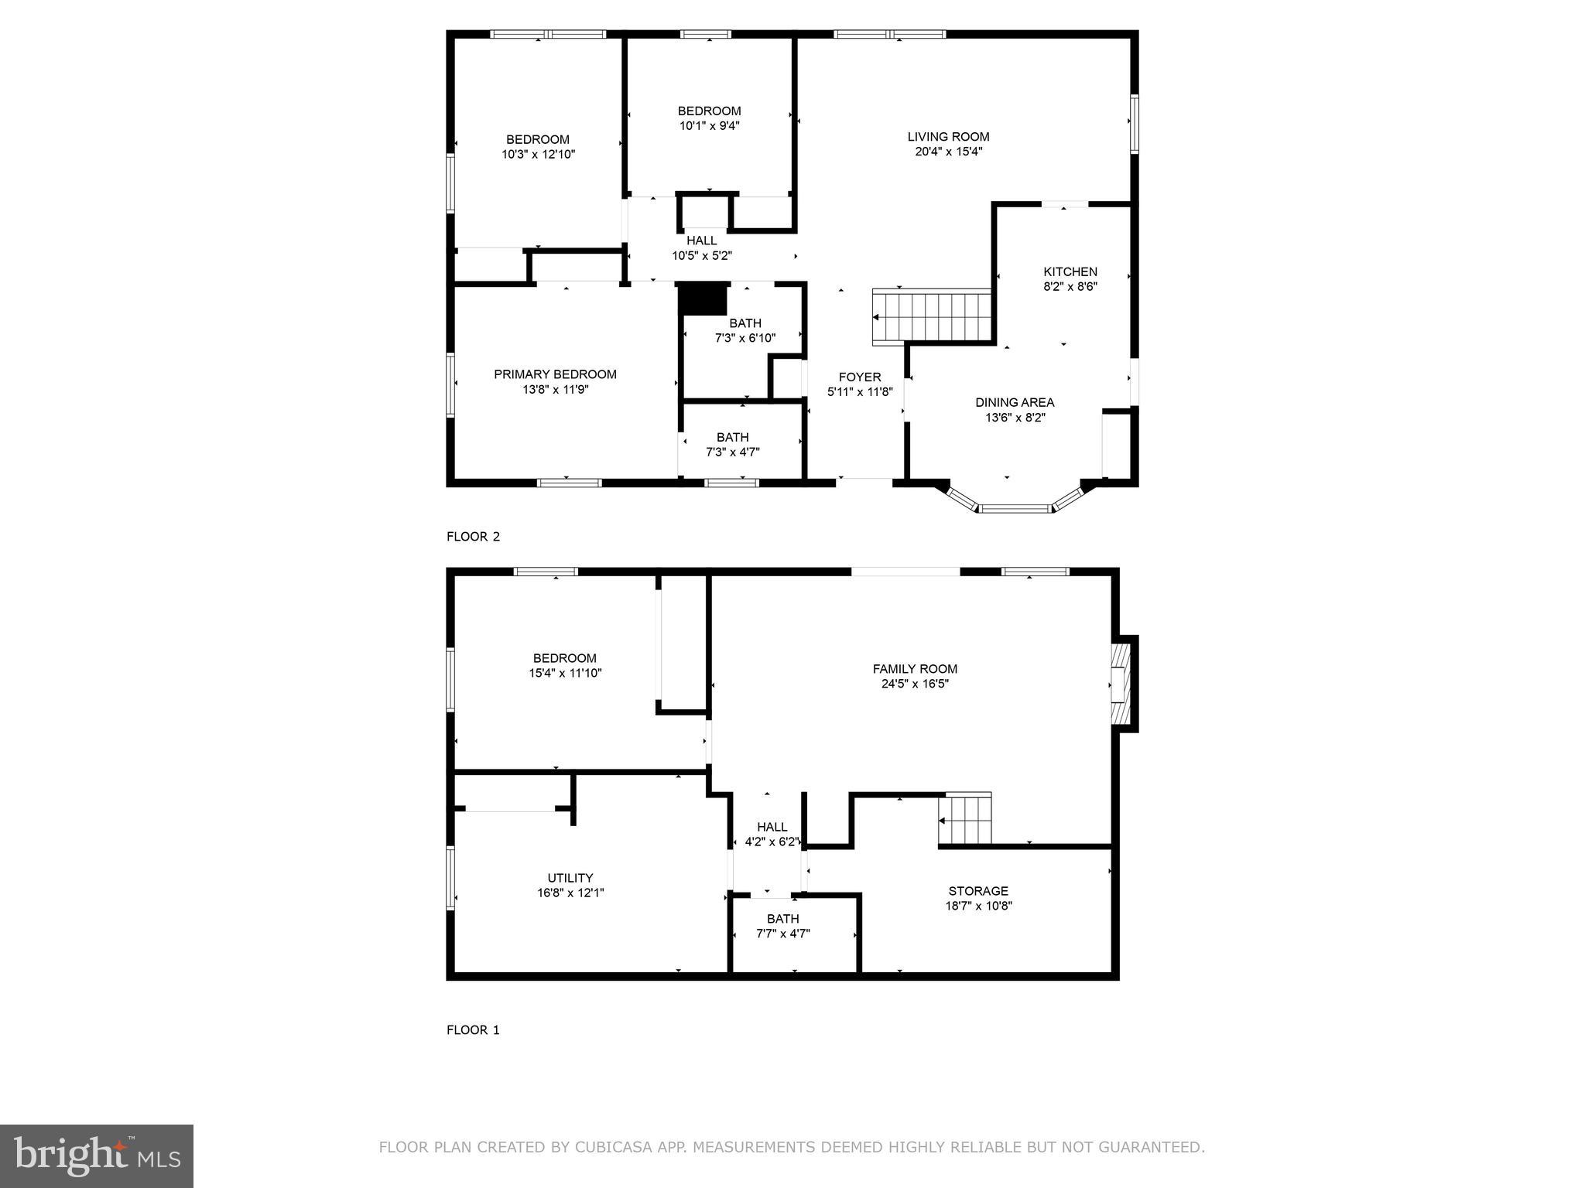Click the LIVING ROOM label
pyautogui.click(x=948, y=137)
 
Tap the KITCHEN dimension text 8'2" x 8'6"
pyautogui.click(x=1070, y=286)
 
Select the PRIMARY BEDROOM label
pyautogui.click(x=555, y=374)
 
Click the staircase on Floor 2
pyautogui.click(x=933, y=316)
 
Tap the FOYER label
pyautogui.click(x=860, y=377)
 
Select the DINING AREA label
pyautogui.click(x=1015, y=402)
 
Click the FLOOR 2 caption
pyautogui.click(x=473, y=537)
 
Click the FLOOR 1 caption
pyautogui.click(x=473, y=1030)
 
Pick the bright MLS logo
pyautogui.click(x=97, y=1156)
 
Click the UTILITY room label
pyautogui.click(x=570, y=878)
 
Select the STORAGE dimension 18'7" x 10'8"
pyautogui.click(x=978, y=906)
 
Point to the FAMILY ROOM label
pyautogui.click(x=915, y=669)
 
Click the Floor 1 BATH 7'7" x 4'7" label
pyautogui.click(x=782, y=919)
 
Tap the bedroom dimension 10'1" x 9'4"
pyautogui.click(x=710, y=125)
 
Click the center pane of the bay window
pyautogui.click(x=1015, y=509)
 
